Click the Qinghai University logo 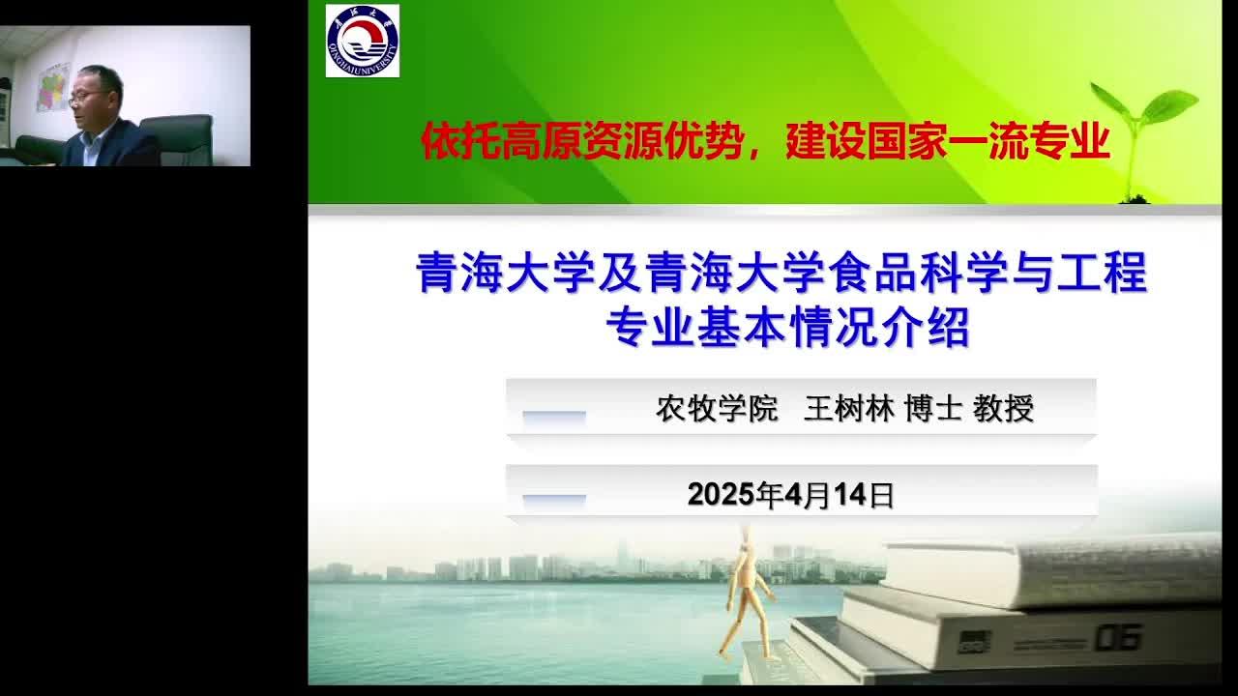tap(363, 41)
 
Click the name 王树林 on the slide tap(849, 409)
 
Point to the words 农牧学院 tap(717, 409)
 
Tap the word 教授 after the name tap(1003, 409)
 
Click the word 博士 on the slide tap(933, 409)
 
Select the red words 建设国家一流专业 tap(948, 141)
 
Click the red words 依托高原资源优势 tap(581, 141)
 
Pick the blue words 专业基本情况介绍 tap(787, 327)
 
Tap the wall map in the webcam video tap(53, 87)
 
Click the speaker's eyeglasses tap(87, 98)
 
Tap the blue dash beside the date tap(554, 500)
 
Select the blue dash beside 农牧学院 tap(554, 417)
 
